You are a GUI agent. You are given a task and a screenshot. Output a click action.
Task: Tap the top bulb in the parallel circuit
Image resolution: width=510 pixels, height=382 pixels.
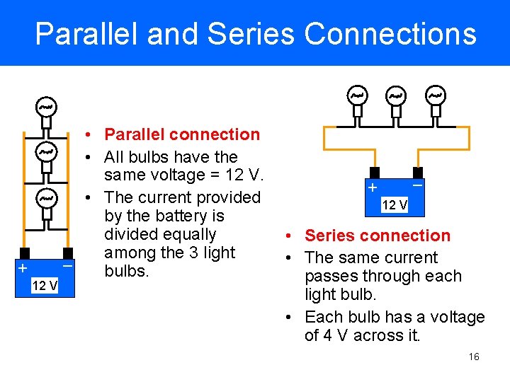(46, 107)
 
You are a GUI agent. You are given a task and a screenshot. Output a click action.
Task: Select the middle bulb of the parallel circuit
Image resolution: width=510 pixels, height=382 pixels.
(46, 151)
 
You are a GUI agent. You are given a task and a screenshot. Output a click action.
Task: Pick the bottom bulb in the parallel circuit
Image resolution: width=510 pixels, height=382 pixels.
(46, 198)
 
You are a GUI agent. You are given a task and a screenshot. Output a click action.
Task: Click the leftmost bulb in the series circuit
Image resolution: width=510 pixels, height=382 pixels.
(357, 95)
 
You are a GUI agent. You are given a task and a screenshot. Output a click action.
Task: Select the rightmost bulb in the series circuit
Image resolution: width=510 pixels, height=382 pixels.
(435, 95)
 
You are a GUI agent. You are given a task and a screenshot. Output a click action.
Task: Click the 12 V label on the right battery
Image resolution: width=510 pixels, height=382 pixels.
(395, 205)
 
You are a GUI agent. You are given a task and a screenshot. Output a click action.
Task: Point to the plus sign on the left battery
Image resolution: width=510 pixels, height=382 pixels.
(23, 269)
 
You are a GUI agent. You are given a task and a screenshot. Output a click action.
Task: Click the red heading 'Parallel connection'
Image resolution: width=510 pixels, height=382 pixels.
(181, 134)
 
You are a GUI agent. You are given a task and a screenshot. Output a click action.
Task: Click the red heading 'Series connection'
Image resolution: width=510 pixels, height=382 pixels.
(377, 236)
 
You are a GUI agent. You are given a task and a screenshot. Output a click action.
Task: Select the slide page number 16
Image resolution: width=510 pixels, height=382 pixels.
(474, 357)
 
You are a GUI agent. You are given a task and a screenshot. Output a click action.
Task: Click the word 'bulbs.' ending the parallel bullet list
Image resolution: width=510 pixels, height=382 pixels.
(126, 271)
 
